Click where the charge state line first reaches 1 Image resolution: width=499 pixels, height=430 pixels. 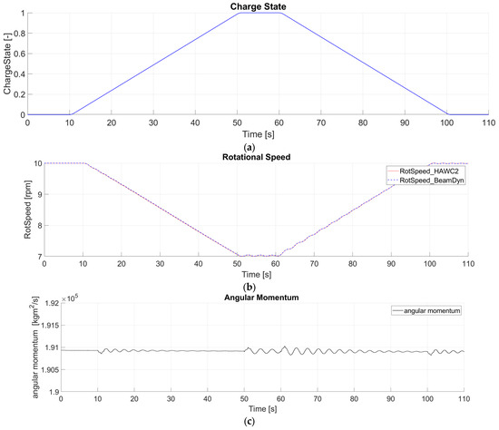click(238, 13)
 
